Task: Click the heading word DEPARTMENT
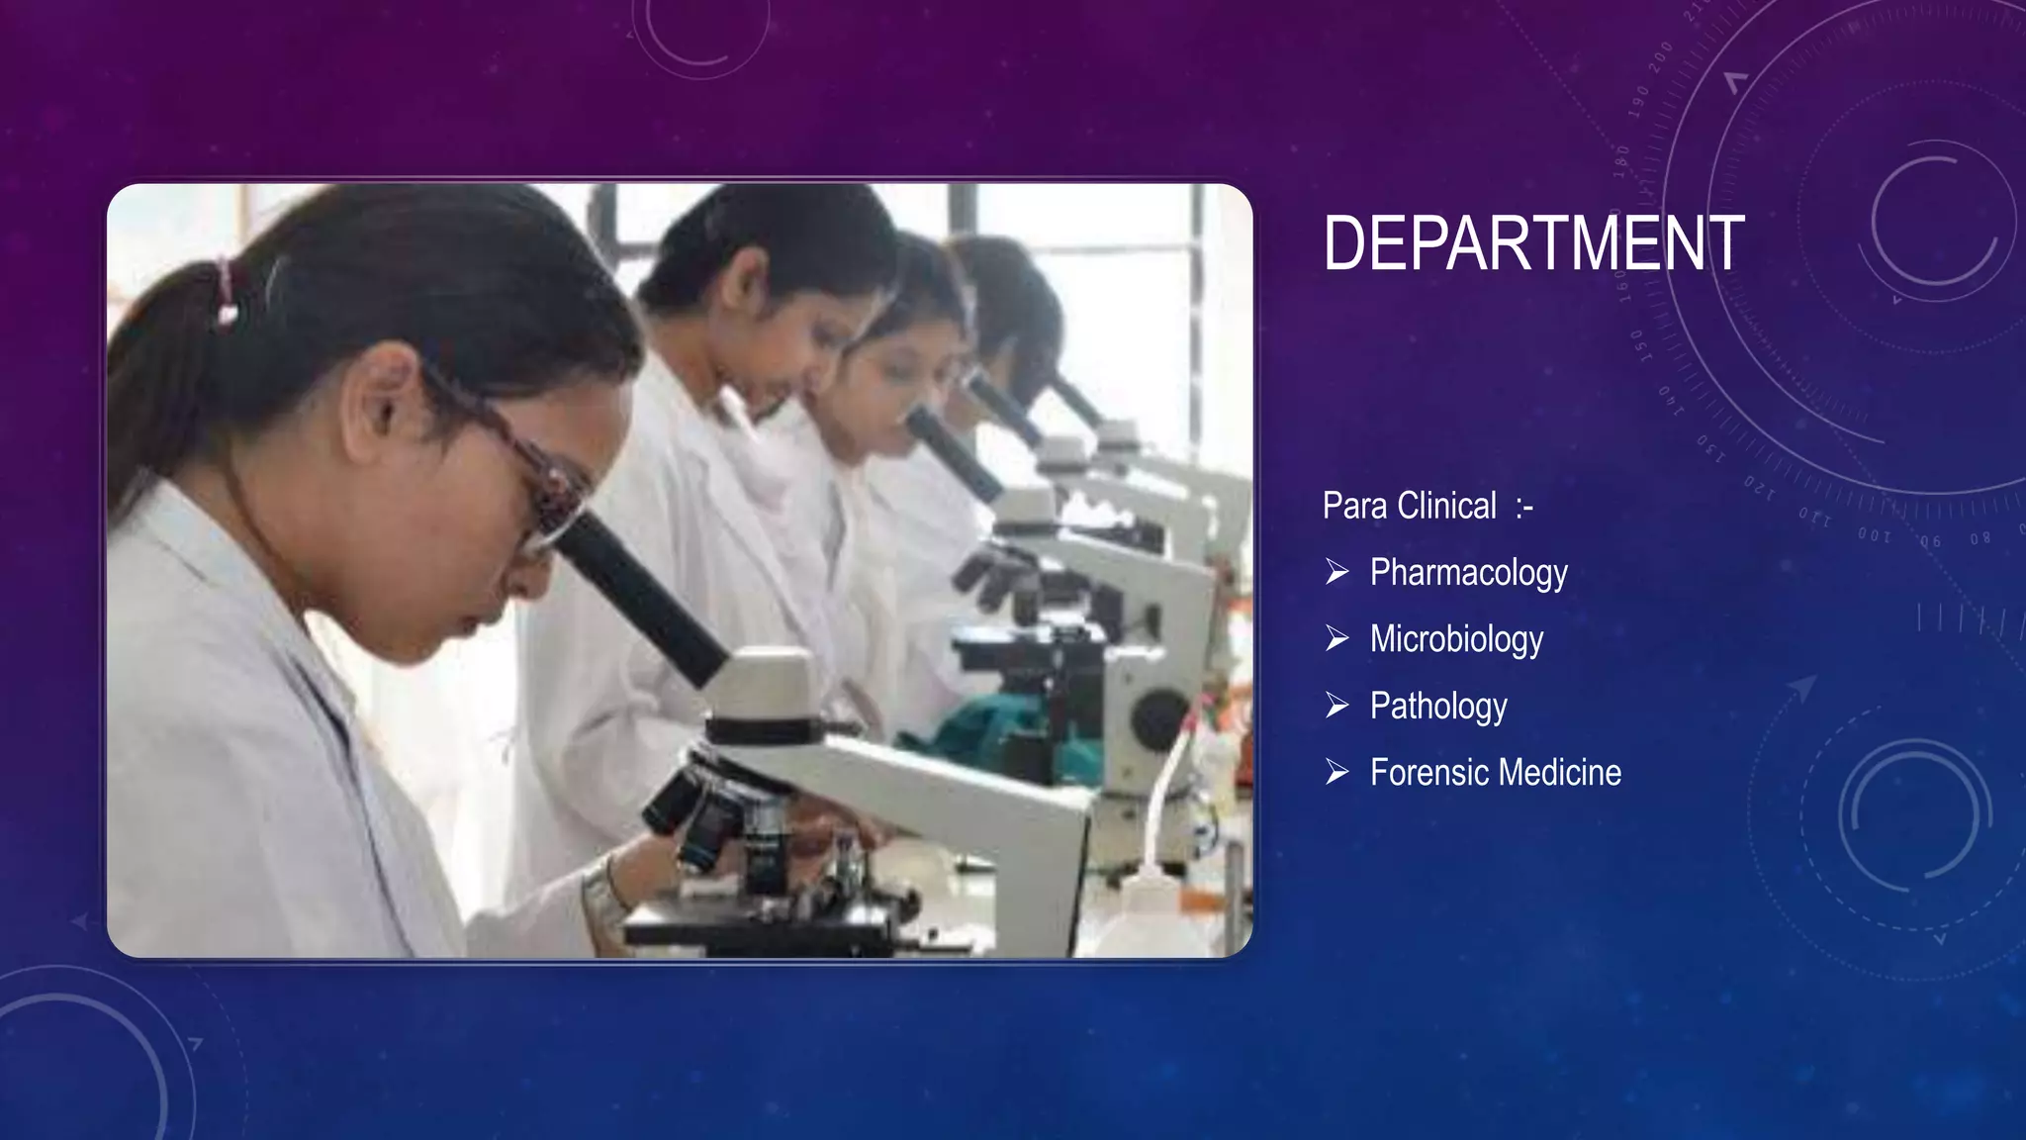pos(1533,243)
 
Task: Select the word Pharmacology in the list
pos(1468,573)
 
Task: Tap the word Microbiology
pos(1456,639)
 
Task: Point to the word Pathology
pos(1438,707)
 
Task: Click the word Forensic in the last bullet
pos(1428,773)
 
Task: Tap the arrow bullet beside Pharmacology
pos(1337,572)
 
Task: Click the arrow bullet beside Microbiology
pos(1337,639)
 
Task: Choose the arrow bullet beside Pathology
pos(1337,706)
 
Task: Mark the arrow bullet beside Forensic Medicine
pos(1337,772)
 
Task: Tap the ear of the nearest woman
pos(386,396)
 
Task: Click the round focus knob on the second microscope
pos(1157,717)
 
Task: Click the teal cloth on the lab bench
pos(999,732)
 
